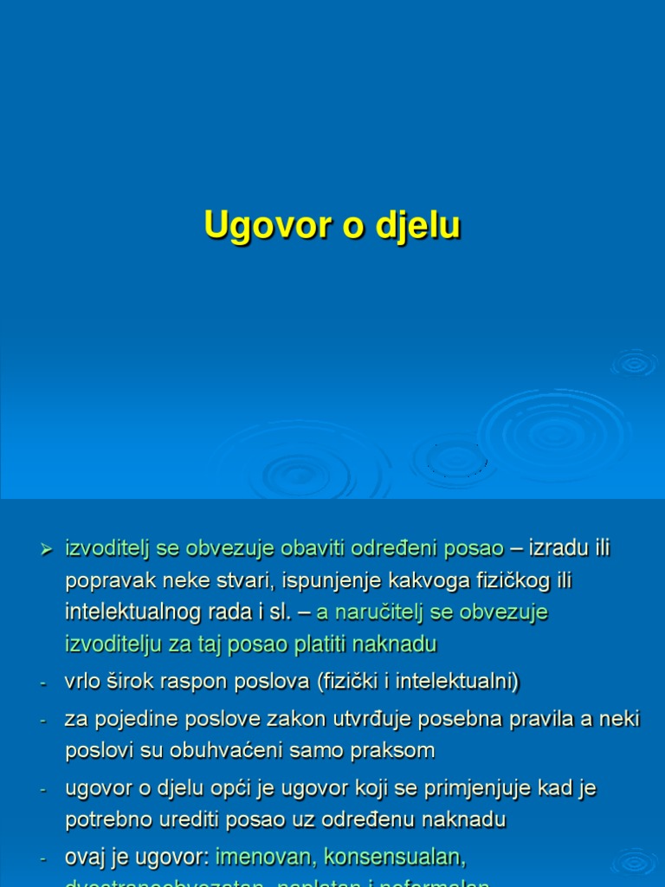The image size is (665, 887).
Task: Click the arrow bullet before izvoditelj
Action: pyautogui.click(x=47, y=549)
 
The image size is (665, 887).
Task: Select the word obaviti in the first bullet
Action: pyautogui.click(x=312, y=548)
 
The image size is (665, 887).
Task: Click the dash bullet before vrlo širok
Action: pyautogui.click(x=42, y=684)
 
